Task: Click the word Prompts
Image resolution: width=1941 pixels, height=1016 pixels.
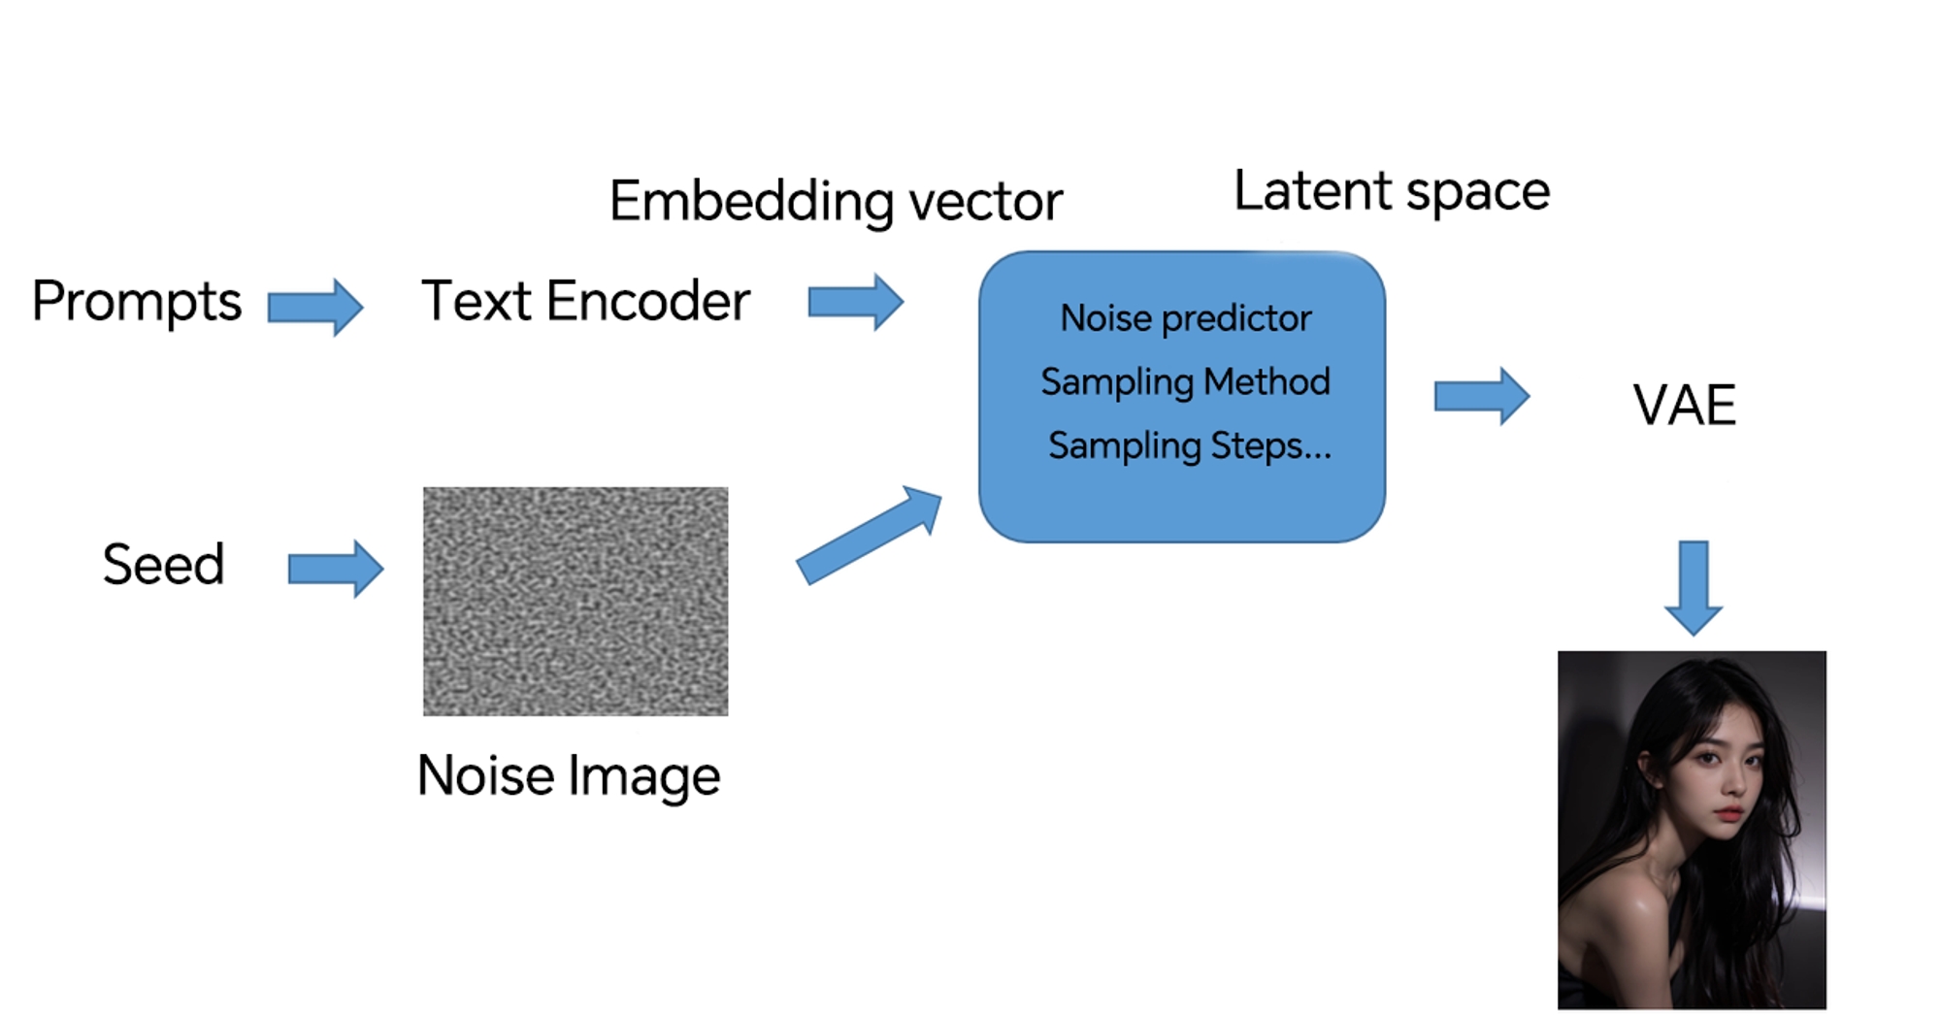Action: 136,302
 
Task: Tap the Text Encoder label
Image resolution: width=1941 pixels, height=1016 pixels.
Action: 585,301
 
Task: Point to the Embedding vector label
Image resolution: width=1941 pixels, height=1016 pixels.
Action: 836,201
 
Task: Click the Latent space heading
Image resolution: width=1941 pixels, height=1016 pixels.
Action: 1392,191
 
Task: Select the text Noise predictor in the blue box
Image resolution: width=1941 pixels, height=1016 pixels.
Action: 1185,318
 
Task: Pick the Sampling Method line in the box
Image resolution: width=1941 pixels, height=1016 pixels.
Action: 1185,382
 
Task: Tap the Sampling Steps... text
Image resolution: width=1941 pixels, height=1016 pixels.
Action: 1189,446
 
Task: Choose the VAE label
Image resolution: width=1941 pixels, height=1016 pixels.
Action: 1684,405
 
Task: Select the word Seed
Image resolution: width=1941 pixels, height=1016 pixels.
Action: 163,565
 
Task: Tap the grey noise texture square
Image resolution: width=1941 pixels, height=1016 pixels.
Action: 576,602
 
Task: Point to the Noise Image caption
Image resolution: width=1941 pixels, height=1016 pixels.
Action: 569,776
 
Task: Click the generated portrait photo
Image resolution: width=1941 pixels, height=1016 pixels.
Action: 1692,830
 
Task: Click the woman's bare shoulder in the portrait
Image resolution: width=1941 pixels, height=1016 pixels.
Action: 1616,907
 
